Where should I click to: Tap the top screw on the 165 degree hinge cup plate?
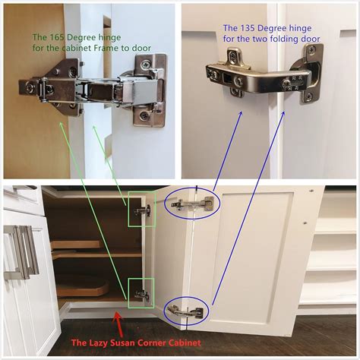pos(145,65)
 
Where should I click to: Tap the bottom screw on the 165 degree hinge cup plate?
pos(144,116)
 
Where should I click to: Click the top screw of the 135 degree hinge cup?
pos(311,51)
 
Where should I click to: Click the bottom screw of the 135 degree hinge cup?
pos(308,96)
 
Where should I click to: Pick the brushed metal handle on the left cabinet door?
pos(21,252)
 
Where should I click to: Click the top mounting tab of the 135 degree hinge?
pos(233,57)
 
